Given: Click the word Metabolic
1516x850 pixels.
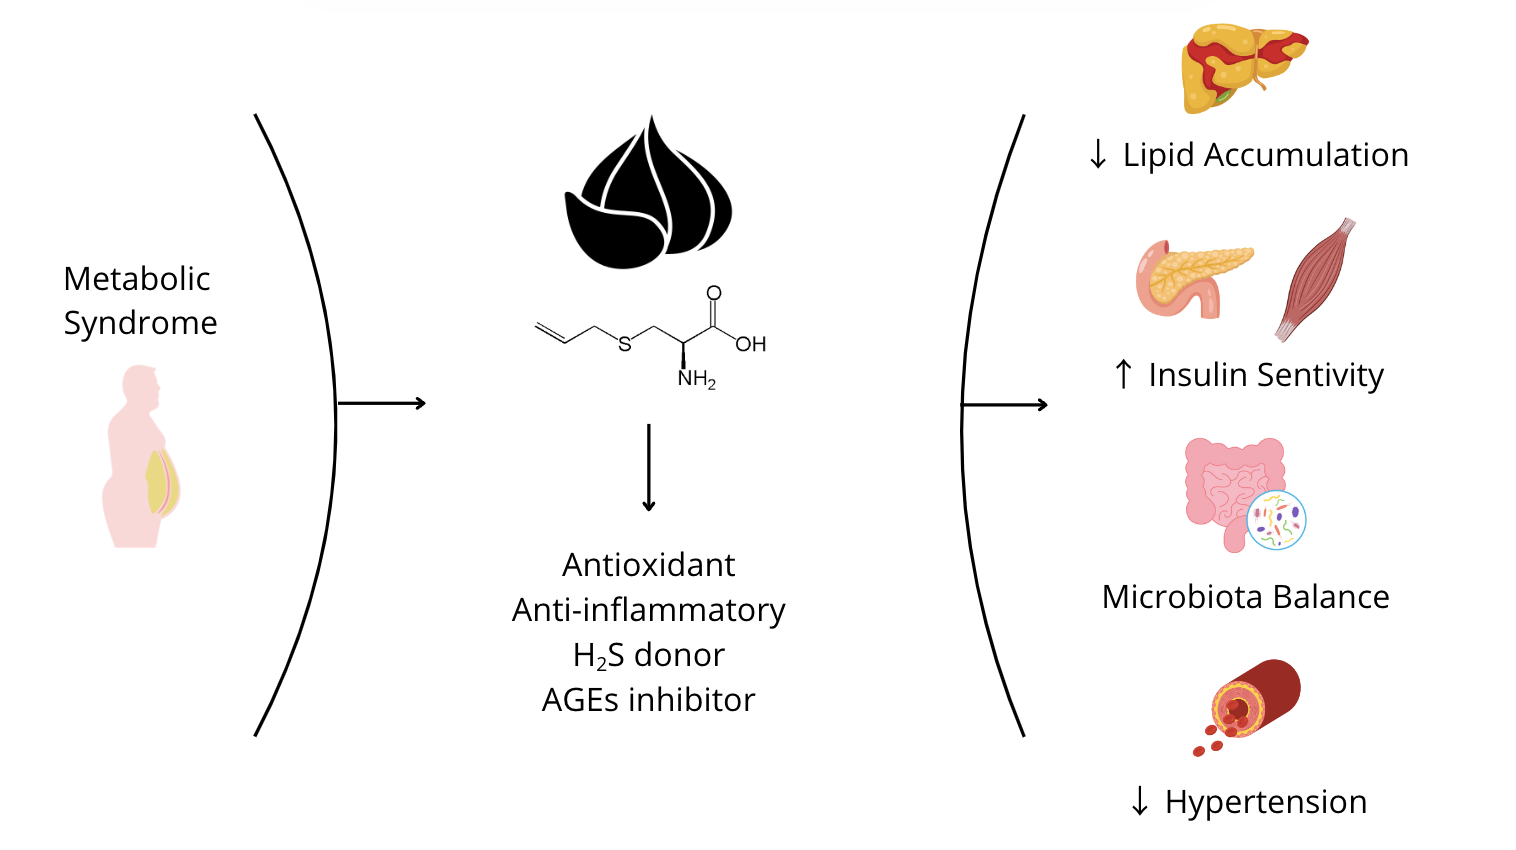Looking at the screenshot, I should coord(137,279).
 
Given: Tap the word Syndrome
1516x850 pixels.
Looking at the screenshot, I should coord(140,323).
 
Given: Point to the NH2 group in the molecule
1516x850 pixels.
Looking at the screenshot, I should coord(696,379).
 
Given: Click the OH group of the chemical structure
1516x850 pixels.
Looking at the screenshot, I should coord(750,344).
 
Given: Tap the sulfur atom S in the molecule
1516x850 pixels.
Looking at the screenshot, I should coord(625,344).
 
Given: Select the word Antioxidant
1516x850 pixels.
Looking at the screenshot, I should coord(648,565).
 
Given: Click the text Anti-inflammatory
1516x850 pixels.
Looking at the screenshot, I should coord(648,610).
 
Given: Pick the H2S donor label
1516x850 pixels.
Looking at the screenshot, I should coord(648,655).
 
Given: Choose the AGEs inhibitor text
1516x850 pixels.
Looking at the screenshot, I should coord(648,700).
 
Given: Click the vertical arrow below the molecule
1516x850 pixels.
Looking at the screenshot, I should coord(648,467).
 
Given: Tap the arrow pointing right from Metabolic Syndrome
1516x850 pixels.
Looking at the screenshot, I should coord(382,403).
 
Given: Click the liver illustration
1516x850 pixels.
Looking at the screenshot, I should coord(1243,67).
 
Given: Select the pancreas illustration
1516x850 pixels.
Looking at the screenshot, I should coord(1192,277).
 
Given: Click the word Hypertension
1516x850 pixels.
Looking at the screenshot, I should coord(1266,802).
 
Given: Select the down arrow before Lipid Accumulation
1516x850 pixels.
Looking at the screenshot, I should coord(1098,155).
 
